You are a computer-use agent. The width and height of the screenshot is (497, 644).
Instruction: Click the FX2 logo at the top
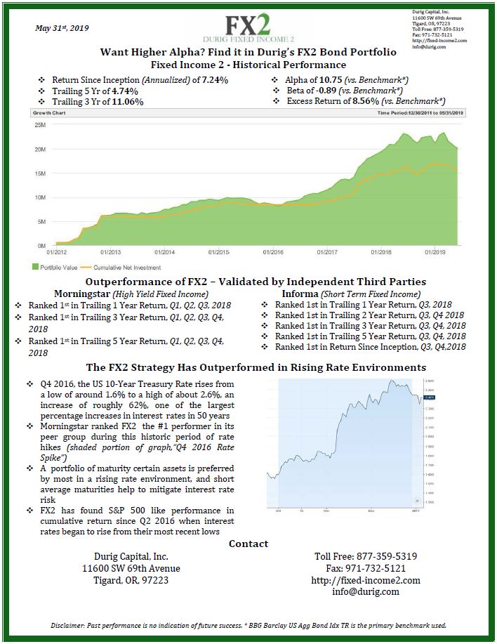(x=248, y=27)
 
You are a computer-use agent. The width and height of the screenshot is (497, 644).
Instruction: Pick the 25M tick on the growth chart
(x=40, y=125)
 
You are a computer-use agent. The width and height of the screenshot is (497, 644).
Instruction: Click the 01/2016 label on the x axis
(x=272, y=251)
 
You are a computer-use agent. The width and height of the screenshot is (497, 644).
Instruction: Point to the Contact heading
(x=249, y=544)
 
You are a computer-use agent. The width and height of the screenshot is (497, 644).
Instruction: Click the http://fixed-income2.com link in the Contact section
(x=365, y=580)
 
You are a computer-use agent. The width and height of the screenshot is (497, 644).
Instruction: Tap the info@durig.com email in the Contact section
(x=366, y=591)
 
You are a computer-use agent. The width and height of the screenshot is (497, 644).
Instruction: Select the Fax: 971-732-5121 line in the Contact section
(x=366, y=568)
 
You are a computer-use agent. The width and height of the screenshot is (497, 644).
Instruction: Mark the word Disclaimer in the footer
(x=73, y=625)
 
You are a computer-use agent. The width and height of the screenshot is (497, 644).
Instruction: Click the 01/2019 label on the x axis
(x=435, y=251)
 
